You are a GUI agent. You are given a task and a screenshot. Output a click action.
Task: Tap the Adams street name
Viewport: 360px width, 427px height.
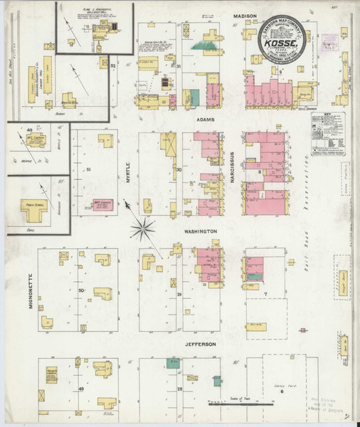[x=207, y=121]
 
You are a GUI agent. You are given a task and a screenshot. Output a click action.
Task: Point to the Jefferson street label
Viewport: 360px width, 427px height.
[x=201, y=344]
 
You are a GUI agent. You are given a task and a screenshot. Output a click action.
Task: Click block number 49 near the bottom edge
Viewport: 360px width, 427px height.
[x=81, y=389]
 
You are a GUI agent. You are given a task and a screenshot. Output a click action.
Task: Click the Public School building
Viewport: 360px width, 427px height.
[x=32, y=207]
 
